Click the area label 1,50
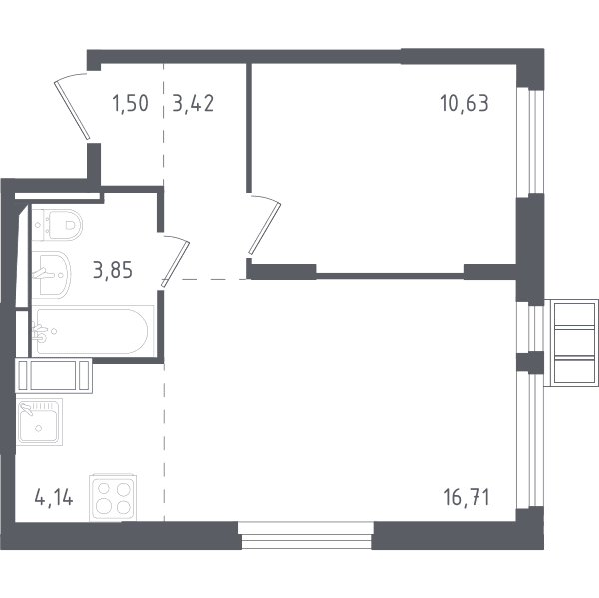click(x=130, y=104)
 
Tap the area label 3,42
click(x=193, y=104)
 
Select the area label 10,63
click(x=464, y=104)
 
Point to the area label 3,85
click(x=113, y=270)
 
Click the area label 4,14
click(x=54, y=498)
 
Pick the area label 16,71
click(x=466, y=498)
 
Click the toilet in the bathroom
click(x=57, y=225)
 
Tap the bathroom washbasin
click(x=51, y=275)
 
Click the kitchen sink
click(x=39, y=422)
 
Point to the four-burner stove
click(x=113, y=498)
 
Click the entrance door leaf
click(x=72, y=110)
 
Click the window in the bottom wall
click(x=306, y=536)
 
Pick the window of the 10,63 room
click(x=530, y=140)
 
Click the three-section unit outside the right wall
click(x=572, y=343)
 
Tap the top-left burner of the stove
click(x=104, y=489)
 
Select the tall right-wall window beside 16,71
click(x=530, y=441)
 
